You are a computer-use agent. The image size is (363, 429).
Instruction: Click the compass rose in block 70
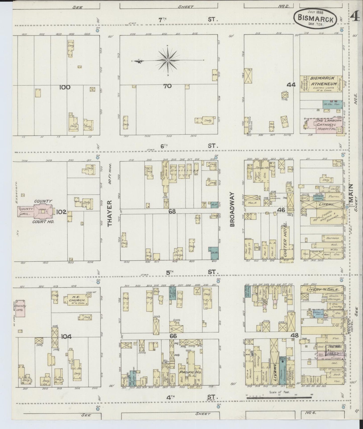click(168, 60)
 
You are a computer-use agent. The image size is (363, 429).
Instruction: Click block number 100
click(65, 87)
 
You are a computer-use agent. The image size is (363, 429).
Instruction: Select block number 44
click(291, 85)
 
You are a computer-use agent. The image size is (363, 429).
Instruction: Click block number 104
click(66, 337)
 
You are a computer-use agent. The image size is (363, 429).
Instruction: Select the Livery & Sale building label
click(322, 289)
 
